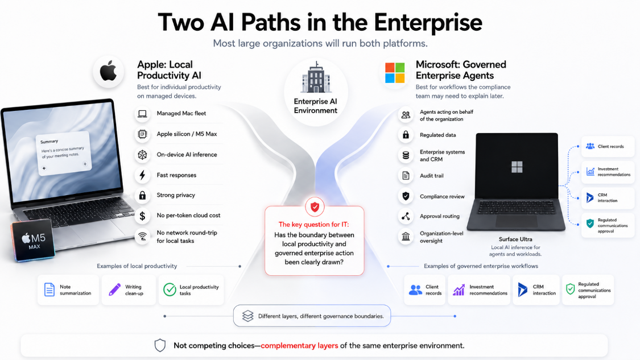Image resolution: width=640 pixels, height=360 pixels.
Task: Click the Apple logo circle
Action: (x=108, y=72)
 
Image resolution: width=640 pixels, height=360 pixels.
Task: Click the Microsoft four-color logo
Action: (x=395, y=73)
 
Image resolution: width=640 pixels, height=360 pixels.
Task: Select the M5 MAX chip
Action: (x=33, y=241)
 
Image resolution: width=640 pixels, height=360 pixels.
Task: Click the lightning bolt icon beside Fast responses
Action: (x=142, y=175)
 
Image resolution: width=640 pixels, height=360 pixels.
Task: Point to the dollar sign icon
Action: (x=142, y=216)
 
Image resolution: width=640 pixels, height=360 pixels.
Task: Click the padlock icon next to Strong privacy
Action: (x=142, y=195)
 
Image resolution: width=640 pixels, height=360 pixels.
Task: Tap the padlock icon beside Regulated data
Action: (x=406, y=135)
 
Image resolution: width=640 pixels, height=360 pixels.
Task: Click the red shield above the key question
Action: (x=315, y=207)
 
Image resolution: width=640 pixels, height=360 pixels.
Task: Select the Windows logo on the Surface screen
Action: (x=517, y=167)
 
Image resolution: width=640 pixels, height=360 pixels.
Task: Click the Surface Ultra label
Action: (x=515, y=239)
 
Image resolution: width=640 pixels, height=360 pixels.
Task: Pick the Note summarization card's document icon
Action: (x=49, y=290)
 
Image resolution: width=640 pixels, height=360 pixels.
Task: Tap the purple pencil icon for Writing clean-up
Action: (x=115, y=289)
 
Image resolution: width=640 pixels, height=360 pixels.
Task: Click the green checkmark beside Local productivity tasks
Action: (x=170, y=289)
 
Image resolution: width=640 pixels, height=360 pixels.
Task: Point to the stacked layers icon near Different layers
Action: (x=248, y=316)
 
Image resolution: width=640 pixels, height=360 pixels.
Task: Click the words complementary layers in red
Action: (x=299, y=345)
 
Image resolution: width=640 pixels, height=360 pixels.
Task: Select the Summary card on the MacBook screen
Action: (x=63, y=154)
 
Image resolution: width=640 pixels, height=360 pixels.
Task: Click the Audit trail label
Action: (x=431, y=176)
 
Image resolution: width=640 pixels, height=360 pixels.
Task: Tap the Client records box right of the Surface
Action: (x=608, y=147)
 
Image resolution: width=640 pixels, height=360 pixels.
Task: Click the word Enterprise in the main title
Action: (x=428, y=22)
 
